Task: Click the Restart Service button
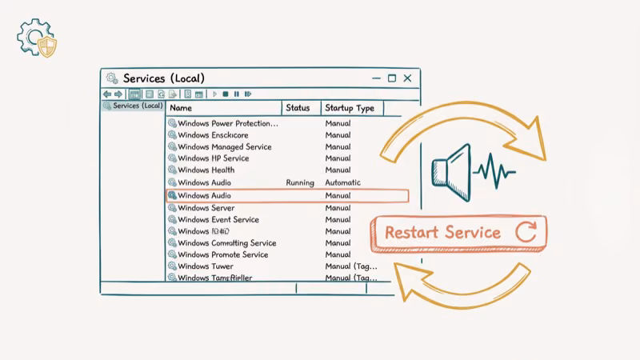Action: [x=458, y=233]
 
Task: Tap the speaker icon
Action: [x=451, y=170]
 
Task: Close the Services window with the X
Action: [x=408, y=78]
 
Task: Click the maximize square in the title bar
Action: [x=392, y=78]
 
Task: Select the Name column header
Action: [x=182, y=108]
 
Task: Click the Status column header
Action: [x=298, y=108]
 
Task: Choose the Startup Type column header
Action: [x=350, y=108]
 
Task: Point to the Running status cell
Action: [x=299, y=183]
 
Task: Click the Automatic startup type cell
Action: [x=342, y=183]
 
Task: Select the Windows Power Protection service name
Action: [x=227, y=124]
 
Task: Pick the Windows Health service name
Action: [x=206, y=170]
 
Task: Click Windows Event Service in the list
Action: [x=218, y=220]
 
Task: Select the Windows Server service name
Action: [x=206, y=208]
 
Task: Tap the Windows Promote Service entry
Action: [x=222, y=255]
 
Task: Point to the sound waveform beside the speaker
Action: [x=494, y=170]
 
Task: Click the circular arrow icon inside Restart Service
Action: [x=526, y=233]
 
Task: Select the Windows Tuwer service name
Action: [x=205, y=266]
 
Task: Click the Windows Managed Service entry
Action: [x=224, y=147]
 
